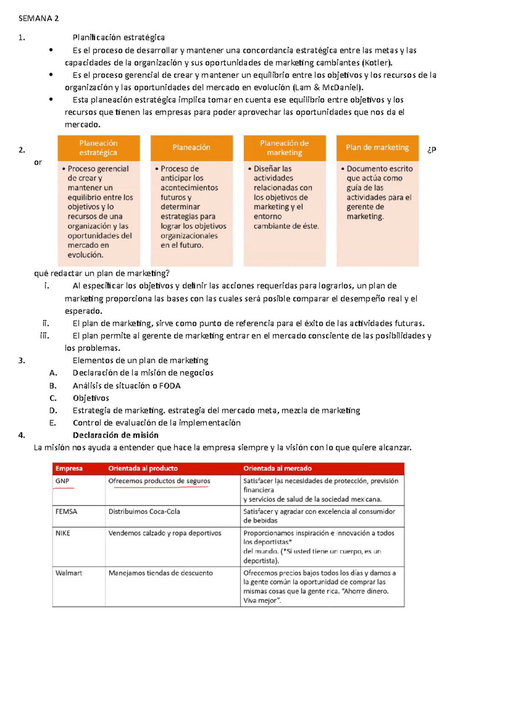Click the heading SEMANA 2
[x=39, y=18]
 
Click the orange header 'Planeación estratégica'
[x=98, y=148]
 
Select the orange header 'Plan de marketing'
[x=377, y=148]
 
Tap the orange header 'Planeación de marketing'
[x=284, y=148]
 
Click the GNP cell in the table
[x=62, y=481]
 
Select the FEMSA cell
[x=66, y=512]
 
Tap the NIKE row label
[x=63, y=533]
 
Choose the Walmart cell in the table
[x=69, y=573]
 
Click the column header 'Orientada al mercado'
[x=278, y=469]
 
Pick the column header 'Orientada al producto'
[x=143, y=469]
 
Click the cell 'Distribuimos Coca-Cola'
[x=144, y=512]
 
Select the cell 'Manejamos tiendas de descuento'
[x=160, y=573]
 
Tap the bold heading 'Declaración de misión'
[x=116, y=435]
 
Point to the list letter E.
[x=53, y=423]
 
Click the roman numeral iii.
[x=45, y=335]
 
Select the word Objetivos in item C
[x=91, y=398]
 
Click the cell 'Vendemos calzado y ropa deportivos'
[x=164, y=533]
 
